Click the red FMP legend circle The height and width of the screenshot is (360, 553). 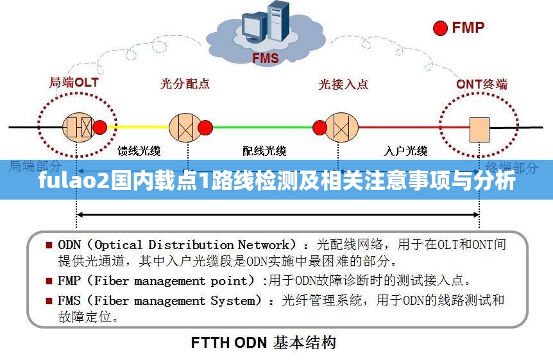[441, 28]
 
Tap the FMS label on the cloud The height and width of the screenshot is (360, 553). [265, 59]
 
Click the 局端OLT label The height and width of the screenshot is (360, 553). [74, 83]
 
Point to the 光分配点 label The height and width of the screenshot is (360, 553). [185, 84]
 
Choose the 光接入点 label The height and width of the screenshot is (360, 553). [344, 84]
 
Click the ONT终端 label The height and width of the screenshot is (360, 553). [482, 84]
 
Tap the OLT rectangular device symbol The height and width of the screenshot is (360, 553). [78, 127]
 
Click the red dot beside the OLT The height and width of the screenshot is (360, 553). [100, 127]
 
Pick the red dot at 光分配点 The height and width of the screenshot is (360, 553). [205, 127]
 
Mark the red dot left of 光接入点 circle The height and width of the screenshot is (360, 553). [319, 127]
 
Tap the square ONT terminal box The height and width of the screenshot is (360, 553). [480, 129]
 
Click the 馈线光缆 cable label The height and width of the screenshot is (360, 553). [139, 151]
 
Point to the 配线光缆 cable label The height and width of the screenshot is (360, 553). [264, 151]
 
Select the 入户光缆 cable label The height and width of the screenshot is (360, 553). [405, 151]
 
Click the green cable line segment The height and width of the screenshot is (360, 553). [262, 127]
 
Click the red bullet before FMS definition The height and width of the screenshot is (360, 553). [49, 300]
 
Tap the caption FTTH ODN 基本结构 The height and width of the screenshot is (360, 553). [263, 343]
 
